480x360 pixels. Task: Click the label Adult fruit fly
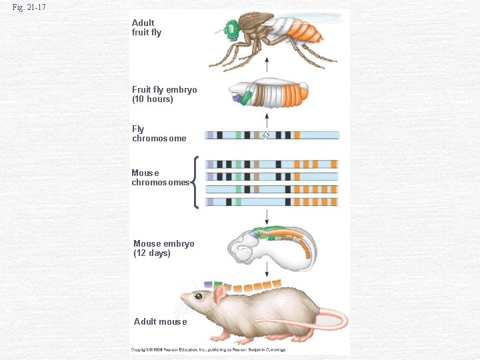(147, 27)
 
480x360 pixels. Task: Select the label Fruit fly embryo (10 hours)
(164, 94)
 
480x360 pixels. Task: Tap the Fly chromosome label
(159, 133)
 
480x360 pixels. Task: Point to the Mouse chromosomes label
(160, 177)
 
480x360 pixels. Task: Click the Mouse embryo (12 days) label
(163, 248)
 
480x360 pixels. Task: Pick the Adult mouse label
(160, 321)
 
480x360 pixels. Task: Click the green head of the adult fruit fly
(232, 29)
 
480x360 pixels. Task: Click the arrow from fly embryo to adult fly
(267, 66)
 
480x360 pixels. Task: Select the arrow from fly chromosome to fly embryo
(267, 119)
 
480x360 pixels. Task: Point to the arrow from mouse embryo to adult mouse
(267, 269)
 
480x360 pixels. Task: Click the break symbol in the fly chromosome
(267, 135)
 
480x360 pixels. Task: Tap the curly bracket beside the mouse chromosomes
(195, 182)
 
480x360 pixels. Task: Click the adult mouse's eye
(199, 295)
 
